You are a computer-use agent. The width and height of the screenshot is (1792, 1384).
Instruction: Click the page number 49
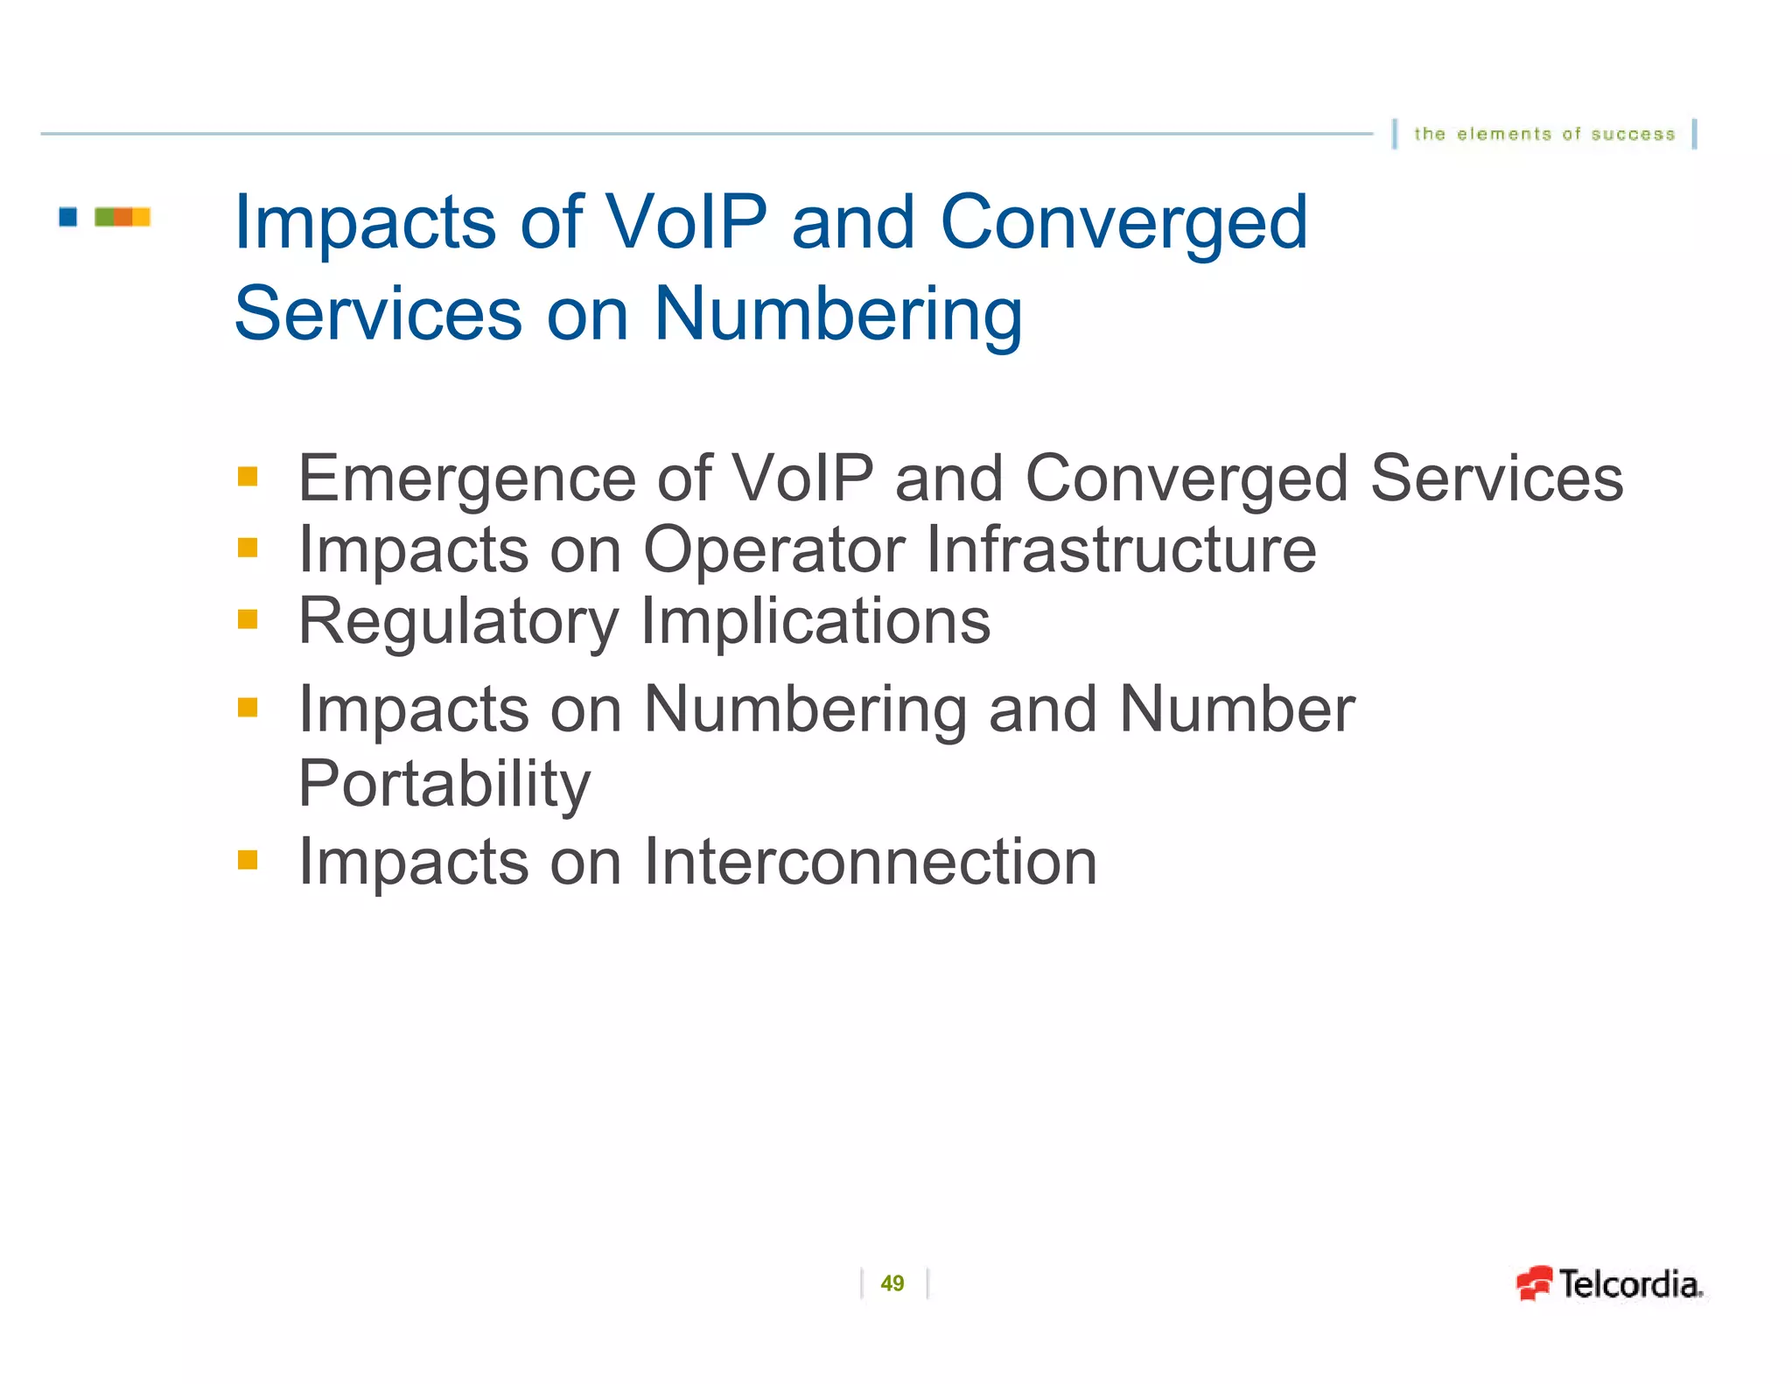(892, 1283)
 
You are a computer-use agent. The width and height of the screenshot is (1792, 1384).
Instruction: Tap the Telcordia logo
(1610, 1284)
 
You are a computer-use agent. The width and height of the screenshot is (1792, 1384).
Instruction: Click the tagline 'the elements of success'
(1544, 134)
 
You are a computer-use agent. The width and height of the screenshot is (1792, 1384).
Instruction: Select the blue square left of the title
(68, 216)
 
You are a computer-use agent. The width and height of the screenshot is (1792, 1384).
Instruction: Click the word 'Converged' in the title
(1123, 223)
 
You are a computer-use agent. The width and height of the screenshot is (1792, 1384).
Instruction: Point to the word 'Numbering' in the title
(837, 314)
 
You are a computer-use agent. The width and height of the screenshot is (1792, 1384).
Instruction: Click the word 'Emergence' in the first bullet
(466, 479)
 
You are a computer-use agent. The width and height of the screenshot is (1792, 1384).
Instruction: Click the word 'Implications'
(815, 621)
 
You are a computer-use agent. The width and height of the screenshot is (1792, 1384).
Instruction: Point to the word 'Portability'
(444, 784)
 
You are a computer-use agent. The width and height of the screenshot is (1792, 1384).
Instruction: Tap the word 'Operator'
(773, 551)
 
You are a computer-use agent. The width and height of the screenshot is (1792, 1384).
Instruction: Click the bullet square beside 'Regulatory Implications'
(248, 619)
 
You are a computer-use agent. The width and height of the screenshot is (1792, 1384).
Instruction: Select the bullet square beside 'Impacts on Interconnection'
(248, 860)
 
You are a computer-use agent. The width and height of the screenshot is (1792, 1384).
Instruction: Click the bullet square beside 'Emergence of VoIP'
(248, 477)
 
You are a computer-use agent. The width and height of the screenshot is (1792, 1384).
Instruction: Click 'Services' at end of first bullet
(1496, 479)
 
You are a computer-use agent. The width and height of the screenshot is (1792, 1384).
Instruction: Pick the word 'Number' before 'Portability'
(1236, 709)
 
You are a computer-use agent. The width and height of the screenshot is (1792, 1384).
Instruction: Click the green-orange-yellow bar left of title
(122, 216)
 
